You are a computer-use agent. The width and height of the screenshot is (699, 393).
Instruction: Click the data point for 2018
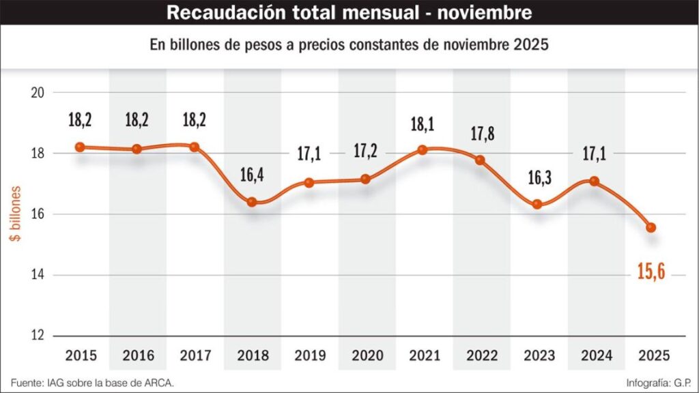(252, 202)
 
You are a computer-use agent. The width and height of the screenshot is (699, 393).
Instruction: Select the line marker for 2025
(651, 227)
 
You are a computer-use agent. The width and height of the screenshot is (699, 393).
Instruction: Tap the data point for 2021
(423, 150)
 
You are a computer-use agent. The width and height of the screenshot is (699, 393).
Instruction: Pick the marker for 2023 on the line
(537, 204)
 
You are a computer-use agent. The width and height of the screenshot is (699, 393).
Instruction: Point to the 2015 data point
(80, 147)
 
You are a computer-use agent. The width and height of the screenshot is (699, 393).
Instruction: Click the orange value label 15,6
(652, 273)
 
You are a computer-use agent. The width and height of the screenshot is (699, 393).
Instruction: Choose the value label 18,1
(423, 124)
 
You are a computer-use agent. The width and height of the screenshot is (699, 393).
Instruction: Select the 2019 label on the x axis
(309, 355)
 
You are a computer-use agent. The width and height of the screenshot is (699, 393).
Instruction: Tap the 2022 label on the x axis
(480, 355)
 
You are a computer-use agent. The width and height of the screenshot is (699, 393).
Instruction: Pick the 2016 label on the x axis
(138, 355)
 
